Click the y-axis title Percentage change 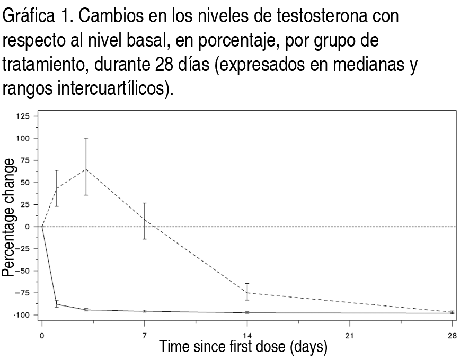pos(8,226)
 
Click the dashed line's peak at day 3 pos(86,169)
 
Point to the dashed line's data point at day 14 pos(247,292)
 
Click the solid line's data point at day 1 pos(57,304)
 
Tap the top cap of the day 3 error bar pos(86,138)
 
